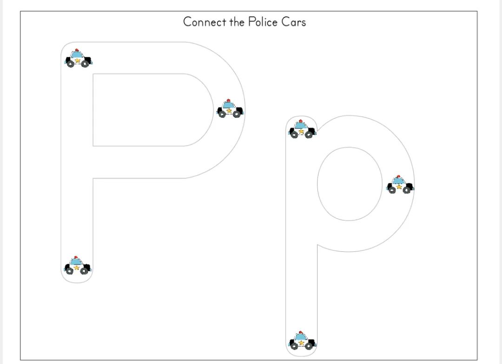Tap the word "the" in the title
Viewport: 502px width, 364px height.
click(x=237, y=22)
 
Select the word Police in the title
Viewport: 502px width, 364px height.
click(x=263, y=22)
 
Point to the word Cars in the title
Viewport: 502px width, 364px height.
click(x=294, y=22)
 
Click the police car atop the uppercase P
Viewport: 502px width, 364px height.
click(x=78, y=58)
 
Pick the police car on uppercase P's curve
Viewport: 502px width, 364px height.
click(x=230, y=109)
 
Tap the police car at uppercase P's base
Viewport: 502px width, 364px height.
click(x=77, y=265)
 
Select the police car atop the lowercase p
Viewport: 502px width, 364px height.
click(x=302, y=129)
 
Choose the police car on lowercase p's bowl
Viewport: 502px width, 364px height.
click(x=400, y=184)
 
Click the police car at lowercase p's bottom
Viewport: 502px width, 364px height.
click(x=302, y=341)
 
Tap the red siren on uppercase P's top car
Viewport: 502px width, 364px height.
click(x=77, y=50)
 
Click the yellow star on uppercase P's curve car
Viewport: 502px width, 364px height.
click(x=229, y=111)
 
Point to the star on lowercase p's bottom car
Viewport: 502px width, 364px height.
click(x=301, y=343)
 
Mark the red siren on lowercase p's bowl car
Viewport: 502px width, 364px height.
click(x=398, y=176)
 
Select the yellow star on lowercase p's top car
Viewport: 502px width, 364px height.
click(x=301, y=131)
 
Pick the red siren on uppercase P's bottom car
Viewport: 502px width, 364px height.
click(x=76, y=257)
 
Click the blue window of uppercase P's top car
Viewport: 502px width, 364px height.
click(x=77, y=54)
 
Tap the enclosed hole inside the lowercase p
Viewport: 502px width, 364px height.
click(x=350, y=184)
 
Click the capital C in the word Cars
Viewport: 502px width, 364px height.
click(x=285, y=22)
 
